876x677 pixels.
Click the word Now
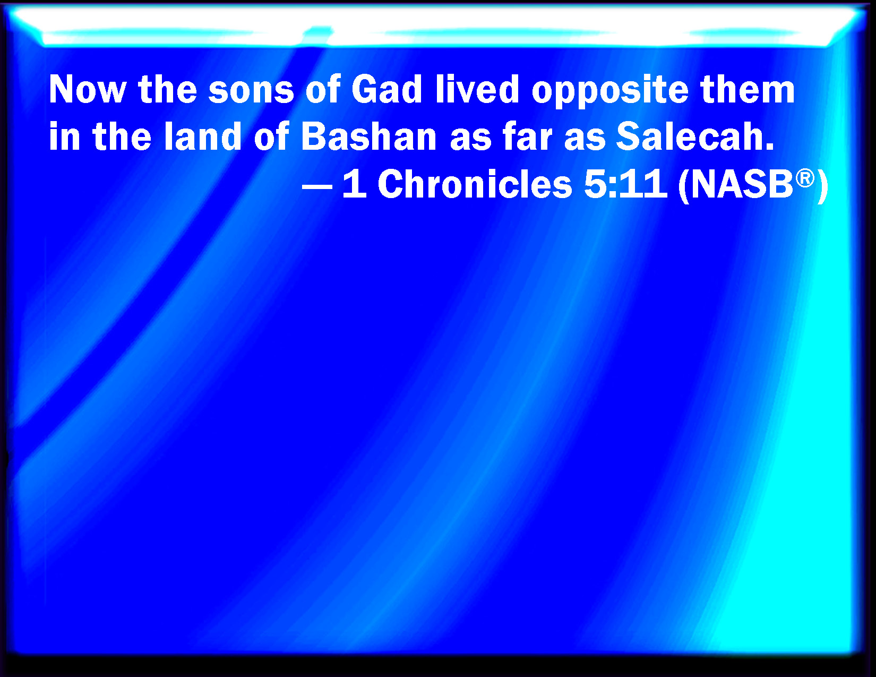tap(88, 90)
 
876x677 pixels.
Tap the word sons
tap(251, 90)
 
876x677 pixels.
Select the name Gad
tap(387, 90)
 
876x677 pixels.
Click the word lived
tap(477, 90)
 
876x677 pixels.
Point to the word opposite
tap(610, 92)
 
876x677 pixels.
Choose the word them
tap(748, 90)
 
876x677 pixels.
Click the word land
tap(203, 136)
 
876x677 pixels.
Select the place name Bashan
tap(369, 136)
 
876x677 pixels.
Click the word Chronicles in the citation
tap(475, 184)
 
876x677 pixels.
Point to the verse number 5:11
tap(625, 184)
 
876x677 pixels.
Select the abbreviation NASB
tap(742, 184)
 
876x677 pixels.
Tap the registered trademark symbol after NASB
tap(805, 178)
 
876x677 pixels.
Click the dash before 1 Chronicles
tap(317, 187)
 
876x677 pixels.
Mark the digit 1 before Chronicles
tap(355, 184)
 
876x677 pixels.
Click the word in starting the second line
tap(64, 136)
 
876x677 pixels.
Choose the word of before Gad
tap(323, 90)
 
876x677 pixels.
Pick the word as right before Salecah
tap(585, 140)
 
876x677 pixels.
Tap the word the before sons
tap(167, 90)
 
